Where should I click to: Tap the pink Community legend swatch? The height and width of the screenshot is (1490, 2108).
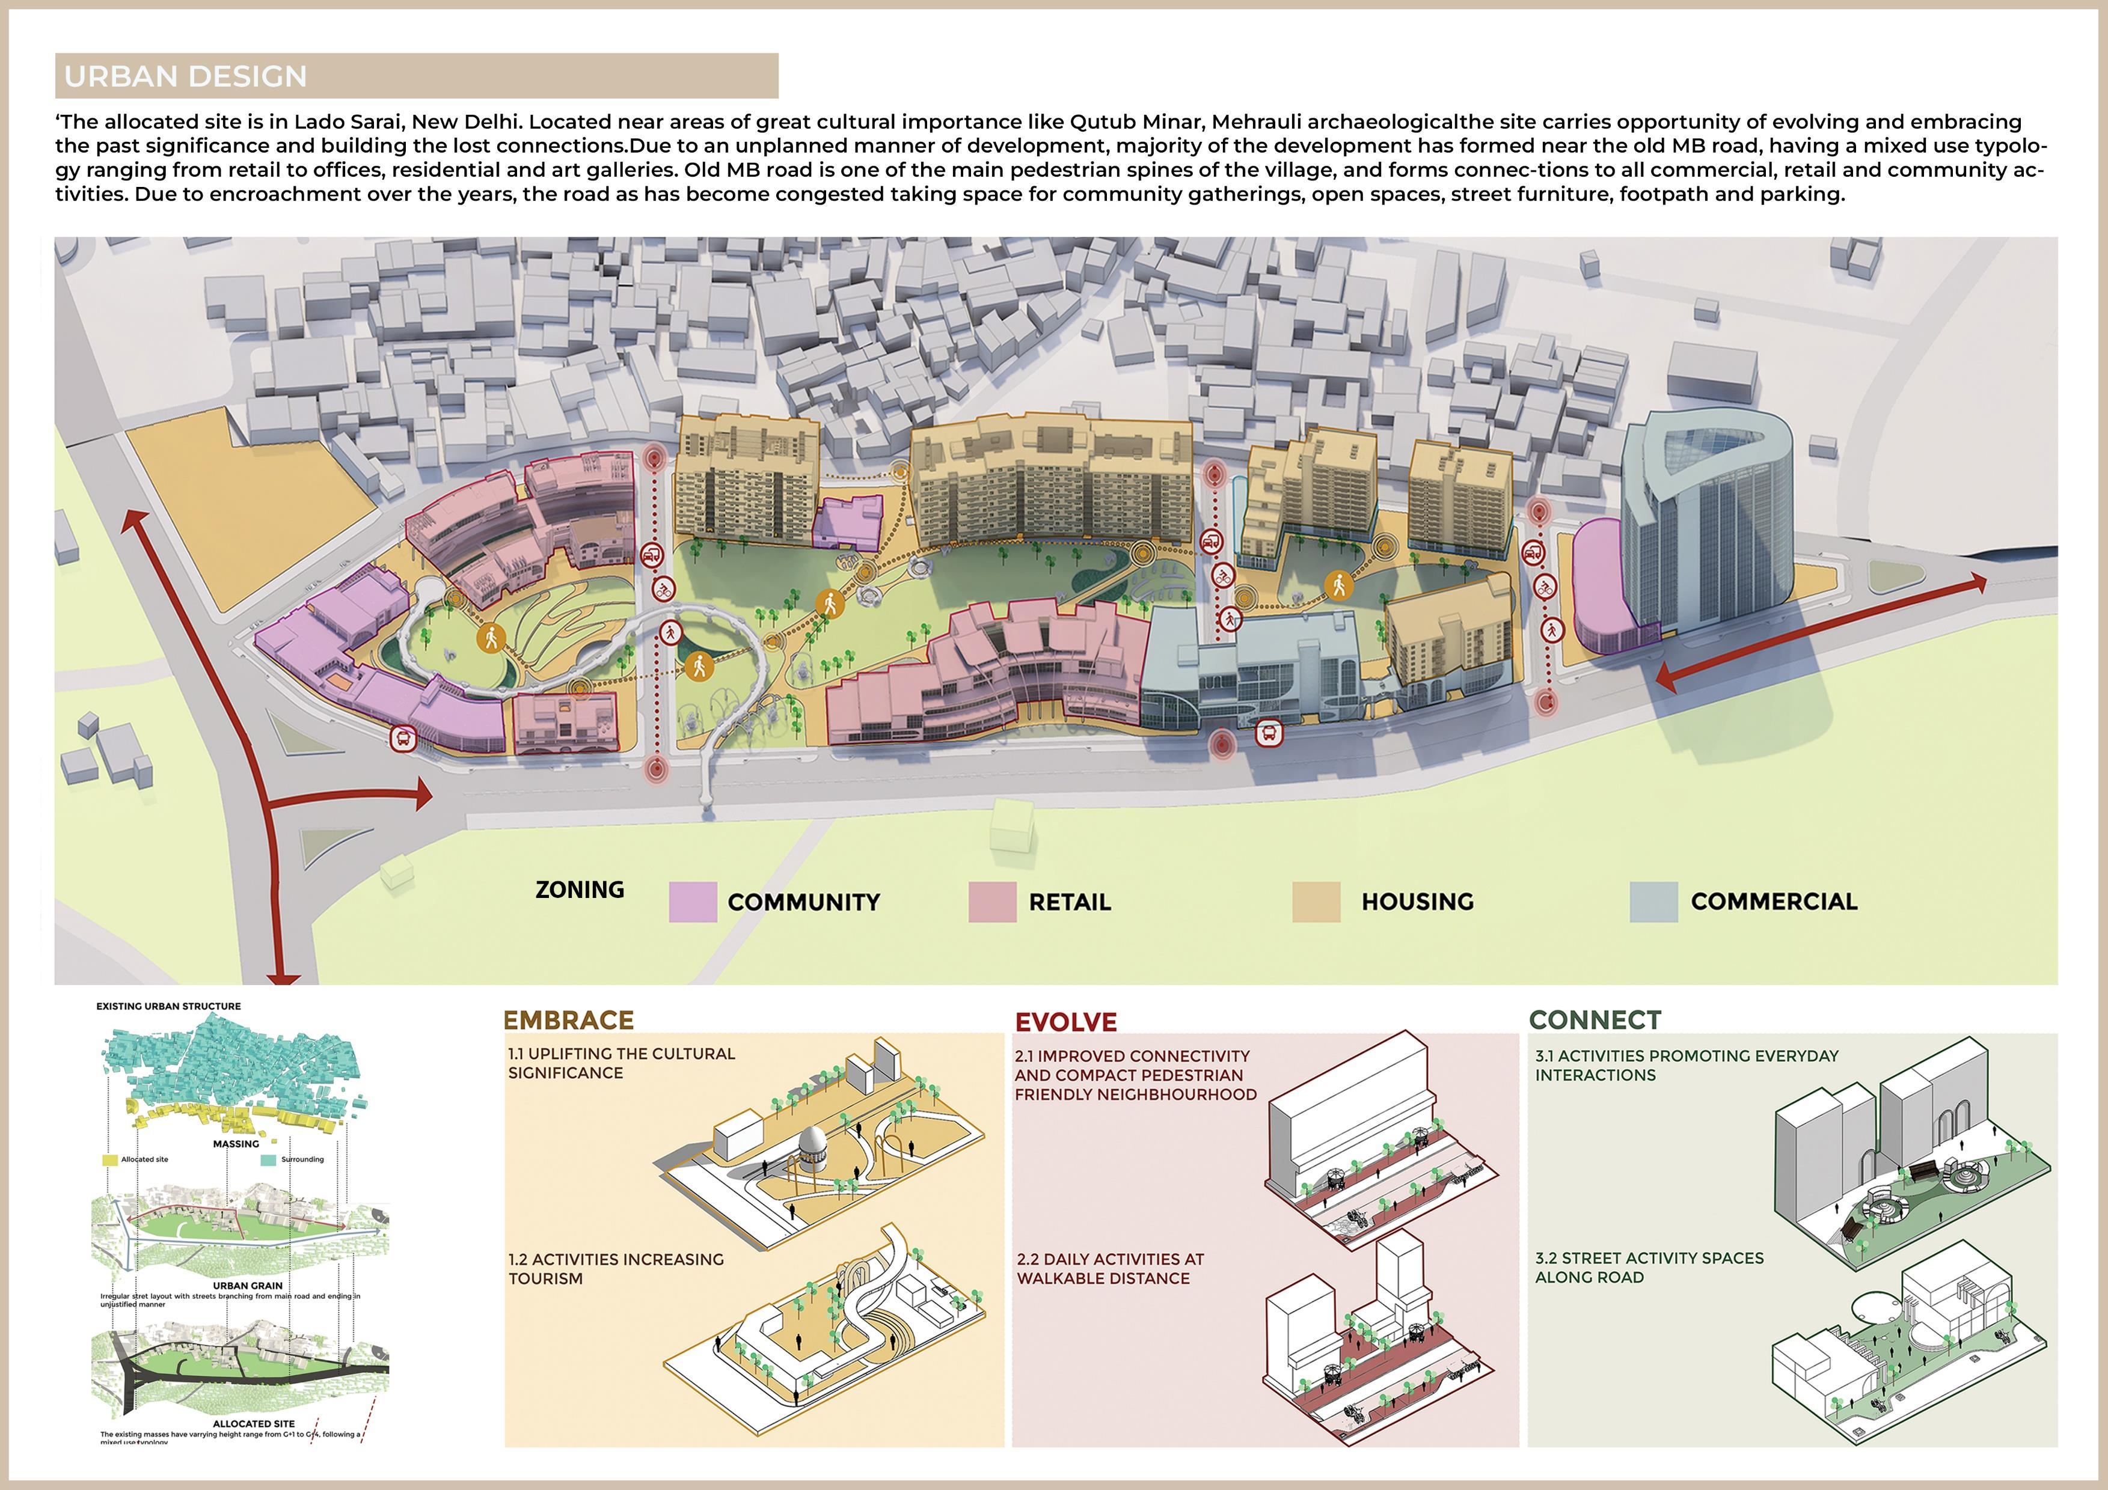(692, 902)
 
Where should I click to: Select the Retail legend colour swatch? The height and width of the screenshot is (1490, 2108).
(991, 902)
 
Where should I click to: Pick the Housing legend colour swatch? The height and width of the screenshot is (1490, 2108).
(1316, 902)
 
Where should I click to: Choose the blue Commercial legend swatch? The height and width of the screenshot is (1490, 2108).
(1653, 902)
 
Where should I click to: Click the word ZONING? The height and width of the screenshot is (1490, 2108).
(580, 890)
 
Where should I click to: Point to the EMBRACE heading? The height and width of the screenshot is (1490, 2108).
(568, 1020)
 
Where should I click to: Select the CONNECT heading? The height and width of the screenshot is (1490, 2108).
(1595, 1020)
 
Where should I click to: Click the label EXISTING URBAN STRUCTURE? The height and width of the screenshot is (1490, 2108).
(169, 1006)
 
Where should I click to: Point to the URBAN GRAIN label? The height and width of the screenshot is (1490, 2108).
(248, 1285)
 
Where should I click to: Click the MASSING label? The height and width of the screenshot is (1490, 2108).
(236, 1144)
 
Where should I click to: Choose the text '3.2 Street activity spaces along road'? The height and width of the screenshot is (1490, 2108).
(1649, 1267)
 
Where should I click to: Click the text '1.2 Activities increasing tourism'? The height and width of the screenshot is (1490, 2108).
(616, 1269)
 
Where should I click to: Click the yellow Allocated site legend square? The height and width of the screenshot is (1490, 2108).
(109, 1159)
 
